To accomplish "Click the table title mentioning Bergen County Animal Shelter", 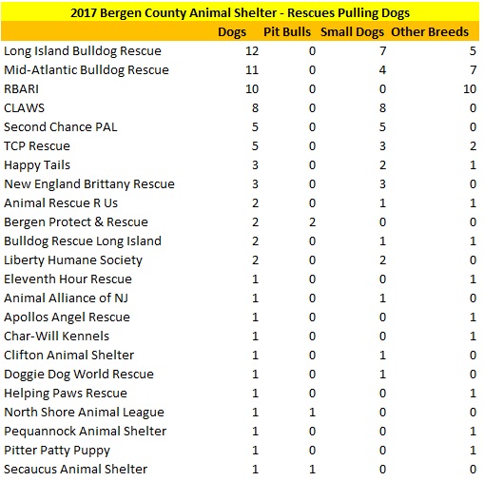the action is coord(241,13).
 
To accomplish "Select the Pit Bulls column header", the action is coord(288,31).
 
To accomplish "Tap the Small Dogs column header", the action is coord(362,31).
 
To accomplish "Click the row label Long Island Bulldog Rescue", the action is coord(83,50).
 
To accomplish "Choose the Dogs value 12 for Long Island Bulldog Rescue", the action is coord(252,50).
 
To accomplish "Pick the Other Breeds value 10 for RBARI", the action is coord(467,88).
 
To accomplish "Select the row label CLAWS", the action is coord(25,107).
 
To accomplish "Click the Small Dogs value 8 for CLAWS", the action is coord(379,107).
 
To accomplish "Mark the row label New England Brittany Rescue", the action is coord(89,183).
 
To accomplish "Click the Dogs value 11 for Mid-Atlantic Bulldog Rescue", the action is coord(252,69).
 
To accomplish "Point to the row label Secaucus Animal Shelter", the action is coord(76,469).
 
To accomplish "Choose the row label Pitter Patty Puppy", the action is coord(57,450).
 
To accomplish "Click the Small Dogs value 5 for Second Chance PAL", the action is coord(379,126).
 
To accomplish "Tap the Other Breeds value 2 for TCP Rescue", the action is coord(471,145).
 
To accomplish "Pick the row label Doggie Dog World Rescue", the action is coord(79,374).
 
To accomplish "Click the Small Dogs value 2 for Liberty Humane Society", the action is coord(379,260).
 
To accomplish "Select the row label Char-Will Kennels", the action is coord(56,336).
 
